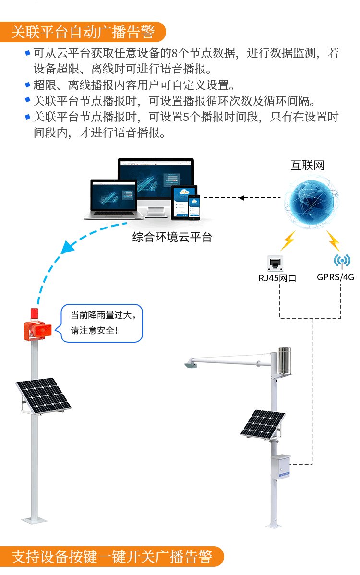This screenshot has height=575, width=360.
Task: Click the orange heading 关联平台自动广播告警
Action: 83,32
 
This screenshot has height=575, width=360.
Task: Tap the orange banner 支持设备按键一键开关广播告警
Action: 111,557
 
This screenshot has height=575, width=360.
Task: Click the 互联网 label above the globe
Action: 308,166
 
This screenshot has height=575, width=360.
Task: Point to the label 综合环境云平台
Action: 172,237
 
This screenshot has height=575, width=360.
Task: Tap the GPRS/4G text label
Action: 335,277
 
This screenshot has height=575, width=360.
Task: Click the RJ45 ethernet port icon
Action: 275,263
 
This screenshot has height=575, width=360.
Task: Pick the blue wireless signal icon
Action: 342,261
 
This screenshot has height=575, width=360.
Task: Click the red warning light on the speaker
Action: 34,315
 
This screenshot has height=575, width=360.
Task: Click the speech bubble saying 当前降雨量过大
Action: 102,323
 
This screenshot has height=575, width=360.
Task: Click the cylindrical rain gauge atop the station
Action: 285,360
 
